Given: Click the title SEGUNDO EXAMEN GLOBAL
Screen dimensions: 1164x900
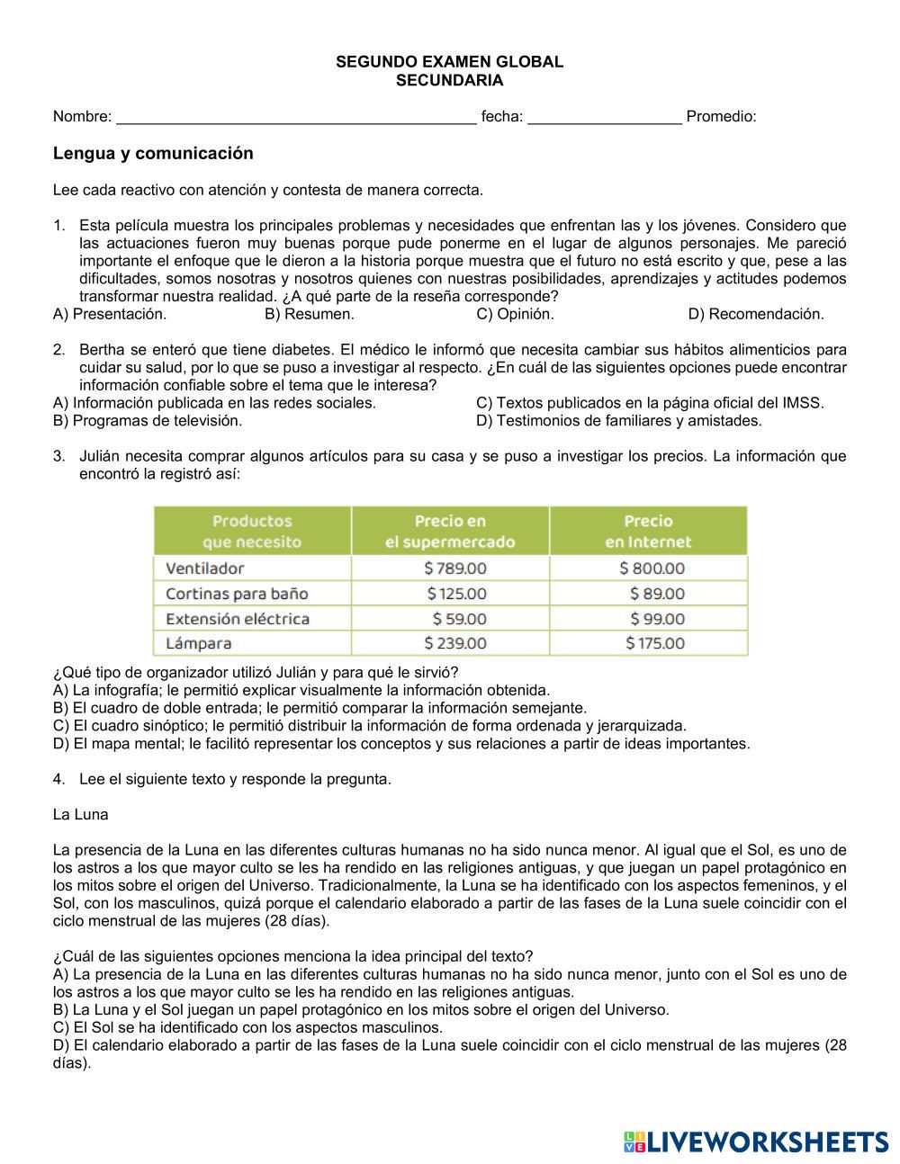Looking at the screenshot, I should [x=449, y=62].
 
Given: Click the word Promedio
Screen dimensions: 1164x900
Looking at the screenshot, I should [x=721, y=117].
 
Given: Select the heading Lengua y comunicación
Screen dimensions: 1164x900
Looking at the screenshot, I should [x=153, y=154].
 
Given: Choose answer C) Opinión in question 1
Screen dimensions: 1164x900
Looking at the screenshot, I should [x=515, y=314].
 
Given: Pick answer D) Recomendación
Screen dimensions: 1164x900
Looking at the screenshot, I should [x=755, y=314].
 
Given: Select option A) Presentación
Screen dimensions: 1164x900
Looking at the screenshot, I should [x=110, y=314].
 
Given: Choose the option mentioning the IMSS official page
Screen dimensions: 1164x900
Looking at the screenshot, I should [x=650, y=403].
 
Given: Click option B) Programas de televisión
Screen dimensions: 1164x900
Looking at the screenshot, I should [x=148, y=420].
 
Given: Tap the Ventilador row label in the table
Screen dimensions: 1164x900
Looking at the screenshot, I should [x=205, y=569].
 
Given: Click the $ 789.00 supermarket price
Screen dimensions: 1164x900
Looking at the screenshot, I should [x=454, y=569].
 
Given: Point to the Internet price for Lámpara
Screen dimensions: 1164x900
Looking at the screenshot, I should [x=654, y=643].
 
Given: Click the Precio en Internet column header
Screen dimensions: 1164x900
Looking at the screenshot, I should [x=648, y=531].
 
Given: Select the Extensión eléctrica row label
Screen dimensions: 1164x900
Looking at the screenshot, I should [x=238, y=619].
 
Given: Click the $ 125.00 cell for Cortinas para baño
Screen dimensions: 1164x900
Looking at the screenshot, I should [x=456, y=594].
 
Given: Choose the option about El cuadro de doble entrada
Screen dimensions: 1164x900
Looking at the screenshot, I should [x=319, y=708].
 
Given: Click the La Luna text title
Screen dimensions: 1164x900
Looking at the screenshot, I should [x=81, y=815].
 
